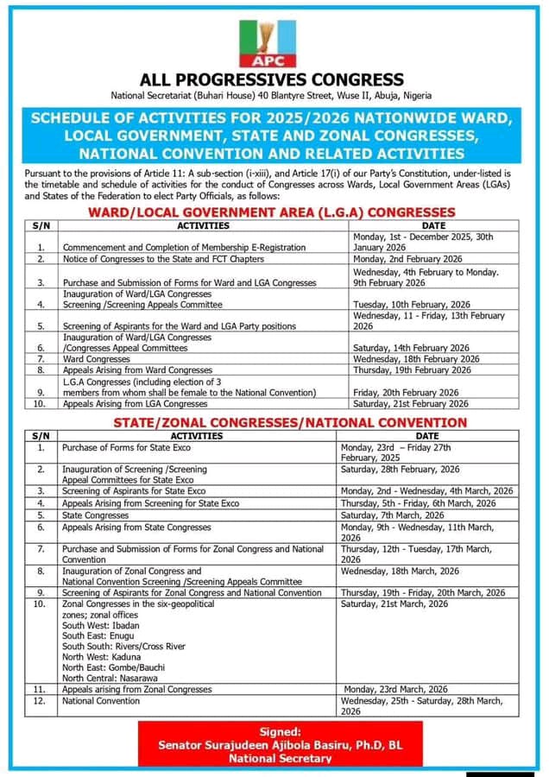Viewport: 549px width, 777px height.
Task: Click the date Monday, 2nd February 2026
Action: pyautogui.click(x=408, y=258)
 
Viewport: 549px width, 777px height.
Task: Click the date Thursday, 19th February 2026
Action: pyautogui.click(x=413, y=370)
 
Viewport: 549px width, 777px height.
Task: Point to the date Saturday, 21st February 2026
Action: pyautogui.click(x=411, y=404)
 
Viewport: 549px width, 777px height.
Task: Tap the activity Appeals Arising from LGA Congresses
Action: pyautogui.click(x=135, y=404)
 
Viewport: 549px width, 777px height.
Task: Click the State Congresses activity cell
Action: pyautogui.click(x=95, y=515)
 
